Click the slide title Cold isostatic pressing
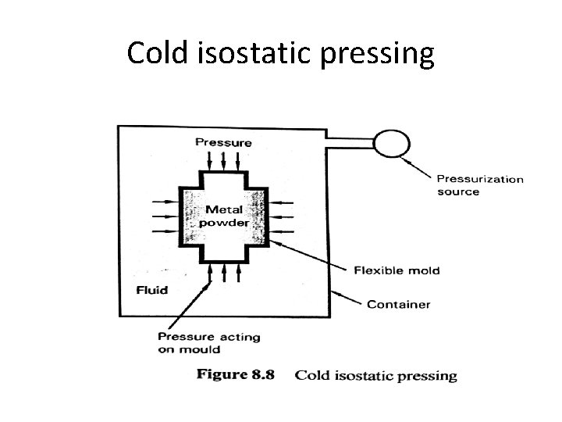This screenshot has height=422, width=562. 280,54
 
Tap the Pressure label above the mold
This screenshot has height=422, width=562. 223,142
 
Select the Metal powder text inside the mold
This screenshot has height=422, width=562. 224,216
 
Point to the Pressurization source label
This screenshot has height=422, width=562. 479,185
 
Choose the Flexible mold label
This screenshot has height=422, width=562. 397,270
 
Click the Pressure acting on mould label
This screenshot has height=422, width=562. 208,343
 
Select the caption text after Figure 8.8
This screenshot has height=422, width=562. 375,376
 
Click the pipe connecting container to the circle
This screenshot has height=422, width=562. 349,142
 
